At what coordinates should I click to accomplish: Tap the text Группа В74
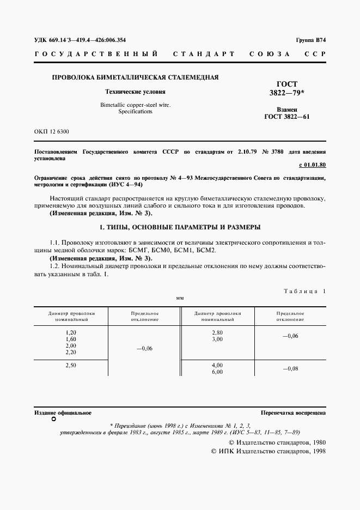310,40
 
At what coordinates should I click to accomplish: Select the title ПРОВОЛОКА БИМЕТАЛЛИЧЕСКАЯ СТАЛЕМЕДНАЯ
135,77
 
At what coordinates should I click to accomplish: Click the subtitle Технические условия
135,92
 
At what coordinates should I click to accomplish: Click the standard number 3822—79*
288,93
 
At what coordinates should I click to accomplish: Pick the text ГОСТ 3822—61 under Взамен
286,117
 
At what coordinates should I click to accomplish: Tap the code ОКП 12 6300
52,132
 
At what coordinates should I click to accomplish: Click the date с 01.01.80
312,165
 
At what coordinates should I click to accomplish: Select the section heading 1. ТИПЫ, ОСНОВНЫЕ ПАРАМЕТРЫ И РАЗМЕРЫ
180,226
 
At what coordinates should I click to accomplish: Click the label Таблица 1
304,291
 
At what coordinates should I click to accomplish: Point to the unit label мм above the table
180,299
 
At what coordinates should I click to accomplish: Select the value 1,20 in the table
71,332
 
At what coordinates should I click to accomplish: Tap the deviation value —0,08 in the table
290,369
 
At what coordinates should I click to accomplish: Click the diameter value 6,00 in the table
217,372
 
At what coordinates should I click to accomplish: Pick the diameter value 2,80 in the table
217,332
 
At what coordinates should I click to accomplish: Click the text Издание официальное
63,414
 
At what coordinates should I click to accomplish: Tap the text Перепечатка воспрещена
293,414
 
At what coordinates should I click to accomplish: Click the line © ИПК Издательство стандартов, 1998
268,452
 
